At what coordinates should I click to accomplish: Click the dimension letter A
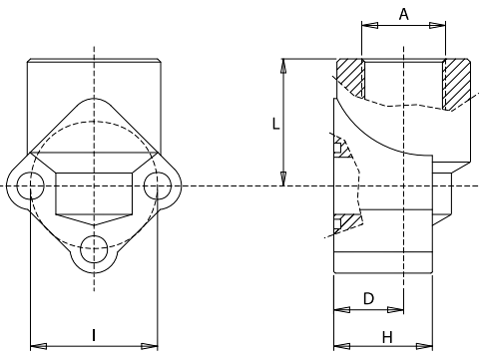pos(403,14)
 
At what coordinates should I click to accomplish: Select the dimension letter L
pos(275,124)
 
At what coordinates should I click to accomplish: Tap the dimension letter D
pos(368,298)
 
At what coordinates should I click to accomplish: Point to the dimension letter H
pos(387,337)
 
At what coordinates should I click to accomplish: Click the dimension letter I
pos(94,335)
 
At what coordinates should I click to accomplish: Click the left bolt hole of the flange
pos(30,185)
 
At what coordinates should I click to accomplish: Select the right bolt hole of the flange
pos(158,185)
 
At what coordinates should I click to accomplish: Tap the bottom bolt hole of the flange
pos(94,249)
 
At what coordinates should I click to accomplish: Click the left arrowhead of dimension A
pos(369,25)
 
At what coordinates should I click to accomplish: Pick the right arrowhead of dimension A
pos(437,25)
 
